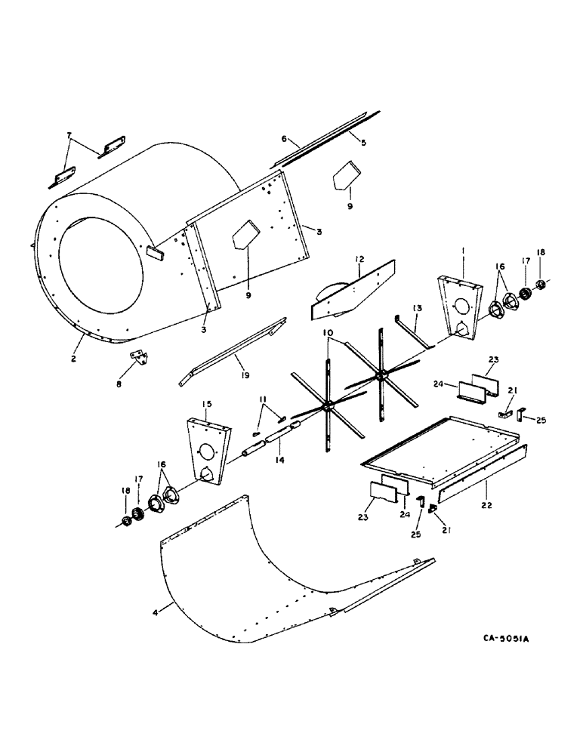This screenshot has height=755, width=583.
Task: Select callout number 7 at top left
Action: coord(69,135)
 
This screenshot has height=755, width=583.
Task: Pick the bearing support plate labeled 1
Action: coord(461,310)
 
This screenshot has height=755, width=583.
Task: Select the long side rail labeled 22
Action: coord(483,474)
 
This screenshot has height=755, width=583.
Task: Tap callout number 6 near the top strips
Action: coord(285,140)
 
